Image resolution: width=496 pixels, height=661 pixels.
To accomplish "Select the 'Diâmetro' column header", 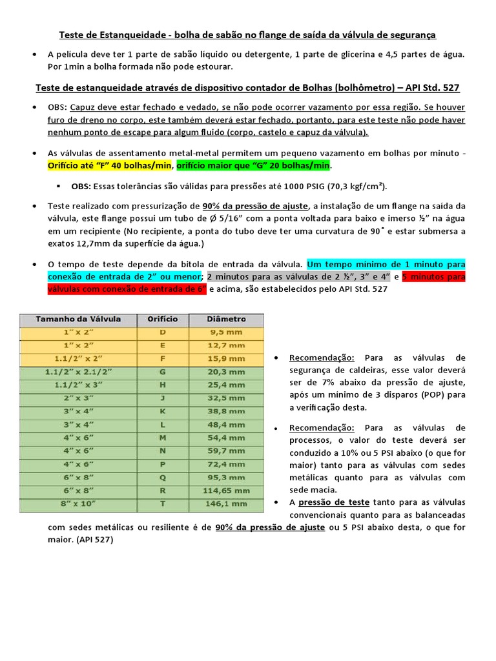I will coord(226,319).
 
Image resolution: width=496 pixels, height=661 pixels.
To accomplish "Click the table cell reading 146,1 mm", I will coord(227,503).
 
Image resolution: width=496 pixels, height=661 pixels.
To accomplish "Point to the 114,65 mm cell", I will coord(227,489).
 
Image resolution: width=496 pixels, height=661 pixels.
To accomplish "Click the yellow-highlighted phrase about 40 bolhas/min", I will coord(110,166).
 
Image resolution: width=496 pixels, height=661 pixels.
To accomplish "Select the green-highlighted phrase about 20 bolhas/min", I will coord(253,166).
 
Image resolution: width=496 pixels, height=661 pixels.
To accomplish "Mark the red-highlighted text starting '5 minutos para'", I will coord(433,277).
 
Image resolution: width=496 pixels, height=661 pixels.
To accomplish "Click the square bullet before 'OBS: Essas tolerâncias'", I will coord(58,187).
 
